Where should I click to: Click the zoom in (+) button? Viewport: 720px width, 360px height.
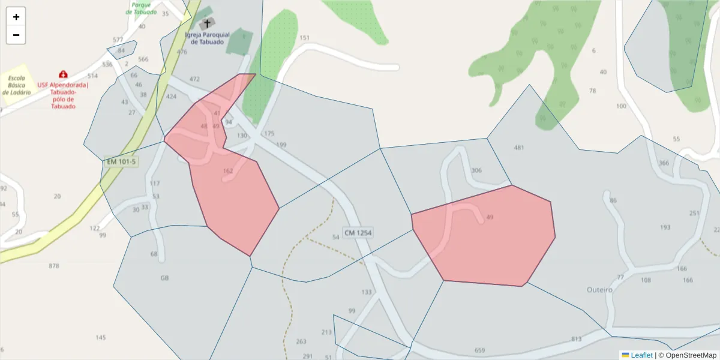(16, 17)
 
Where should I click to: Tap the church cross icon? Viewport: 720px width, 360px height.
(208, 24)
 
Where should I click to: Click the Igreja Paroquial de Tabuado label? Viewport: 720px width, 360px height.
(207, 38)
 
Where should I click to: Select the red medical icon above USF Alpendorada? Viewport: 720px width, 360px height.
(63, 74)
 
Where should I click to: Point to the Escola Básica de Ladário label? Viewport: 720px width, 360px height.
(16, 85)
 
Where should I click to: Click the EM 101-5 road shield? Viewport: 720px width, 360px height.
(121, 161)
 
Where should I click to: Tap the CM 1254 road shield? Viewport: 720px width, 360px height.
(358, 232)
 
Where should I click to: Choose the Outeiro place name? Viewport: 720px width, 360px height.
(599, 289)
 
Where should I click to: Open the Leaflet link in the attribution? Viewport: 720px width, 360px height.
(641, 355)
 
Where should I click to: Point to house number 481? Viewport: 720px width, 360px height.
(519, 148)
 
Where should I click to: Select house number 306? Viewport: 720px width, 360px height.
(476, 170)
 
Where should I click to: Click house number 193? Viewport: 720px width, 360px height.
(665, 227)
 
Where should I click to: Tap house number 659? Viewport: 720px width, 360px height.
(479, 350)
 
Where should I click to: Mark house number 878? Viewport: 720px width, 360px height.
(54, 266)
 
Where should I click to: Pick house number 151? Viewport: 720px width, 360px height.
(304, 38)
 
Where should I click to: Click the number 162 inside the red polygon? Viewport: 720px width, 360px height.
(227, 171)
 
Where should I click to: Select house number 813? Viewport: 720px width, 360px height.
(577, 339)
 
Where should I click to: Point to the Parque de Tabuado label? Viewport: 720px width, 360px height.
(141, 8)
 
